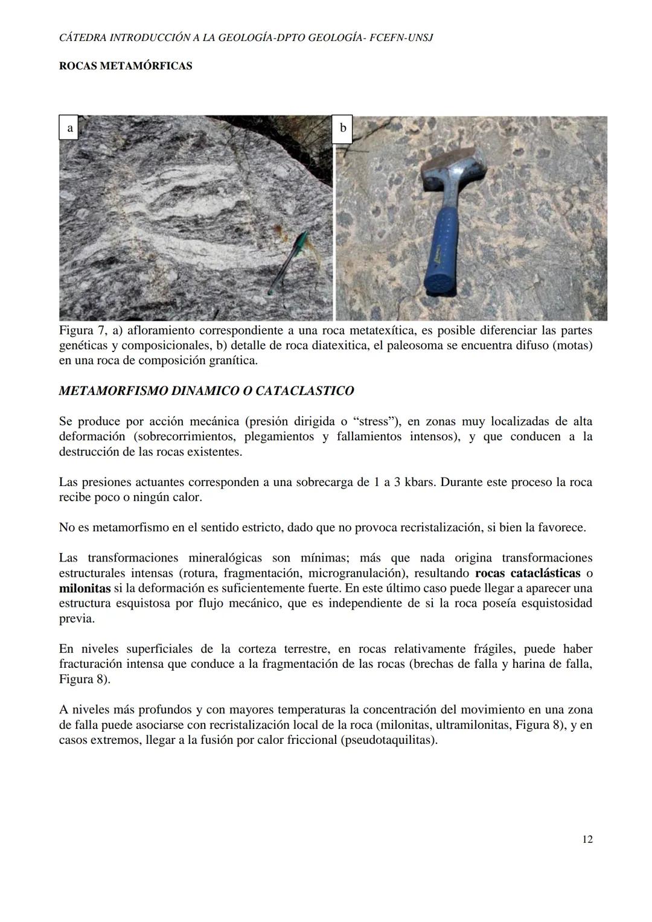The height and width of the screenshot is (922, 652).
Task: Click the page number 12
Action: pyautogui.click(x=587, y=839)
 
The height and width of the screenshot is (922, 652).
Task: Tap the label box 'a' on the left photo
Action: pyautogui.click(x=69, y=128)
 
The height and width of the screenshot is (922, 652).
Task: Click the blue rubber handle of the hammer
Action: pyautogui.click(x=444, y=254)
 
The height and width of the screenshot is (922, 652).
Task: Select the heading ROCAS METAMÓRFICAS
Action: pyautogui.click(x=126, y=66)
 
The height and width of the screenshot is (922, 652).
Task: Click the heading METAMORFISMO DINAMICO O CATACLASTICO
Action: pyautogui.click(x=206, y=391)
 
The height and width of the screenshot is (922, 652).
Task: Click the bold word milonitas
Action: pyautogui.click(x=85, y=588)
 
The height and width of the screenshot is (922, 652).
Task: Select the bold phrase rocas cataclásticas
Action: pyautogui.click(x=528, y=573)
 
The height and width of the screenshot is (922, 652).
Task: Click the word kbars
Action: pyautogui.click(x=419, y=482)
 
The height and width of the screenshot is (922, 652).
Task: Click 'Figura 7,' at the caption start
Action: pyautogui.click(x=85, y=330)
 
